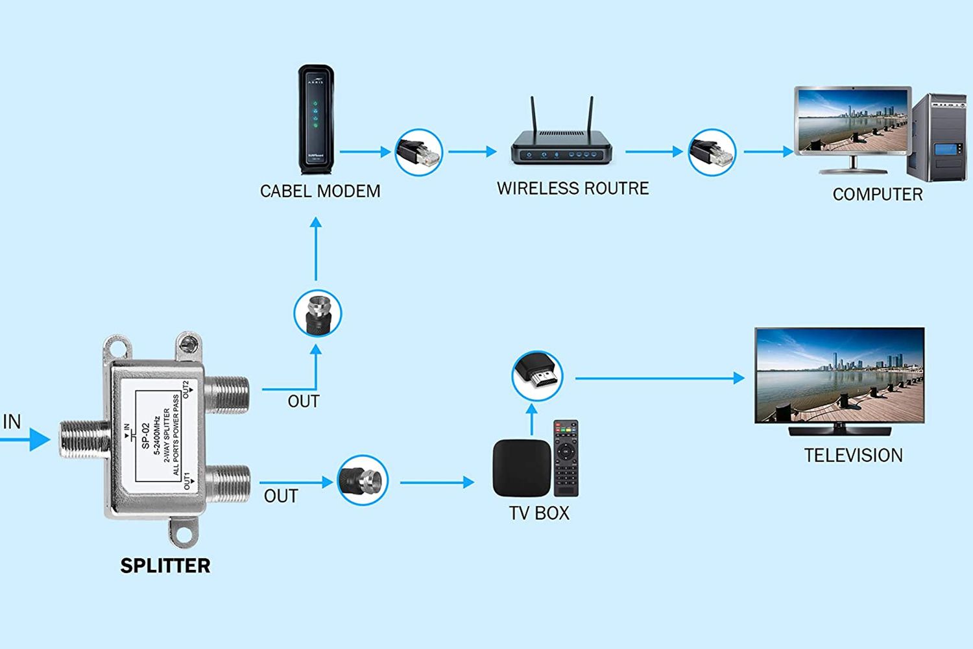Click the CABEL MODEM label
(320, 191)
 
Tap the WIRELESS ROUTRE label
(573, 189)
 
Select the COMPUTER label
(877, 195)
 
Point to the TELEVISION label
(853, 456)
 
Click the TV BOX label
(539, 513)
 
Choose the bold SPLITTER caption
(165, 566)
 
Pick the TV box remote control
(566, 458)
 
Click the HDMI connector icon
(537, 376)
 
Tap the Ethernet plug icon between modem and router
(419, 153)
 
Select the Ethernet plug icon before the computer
(712, 153)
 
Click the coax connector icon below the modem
(317, 313)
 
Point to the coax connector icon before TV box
(363, 481)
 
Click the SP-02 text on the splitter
(145, 436)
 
